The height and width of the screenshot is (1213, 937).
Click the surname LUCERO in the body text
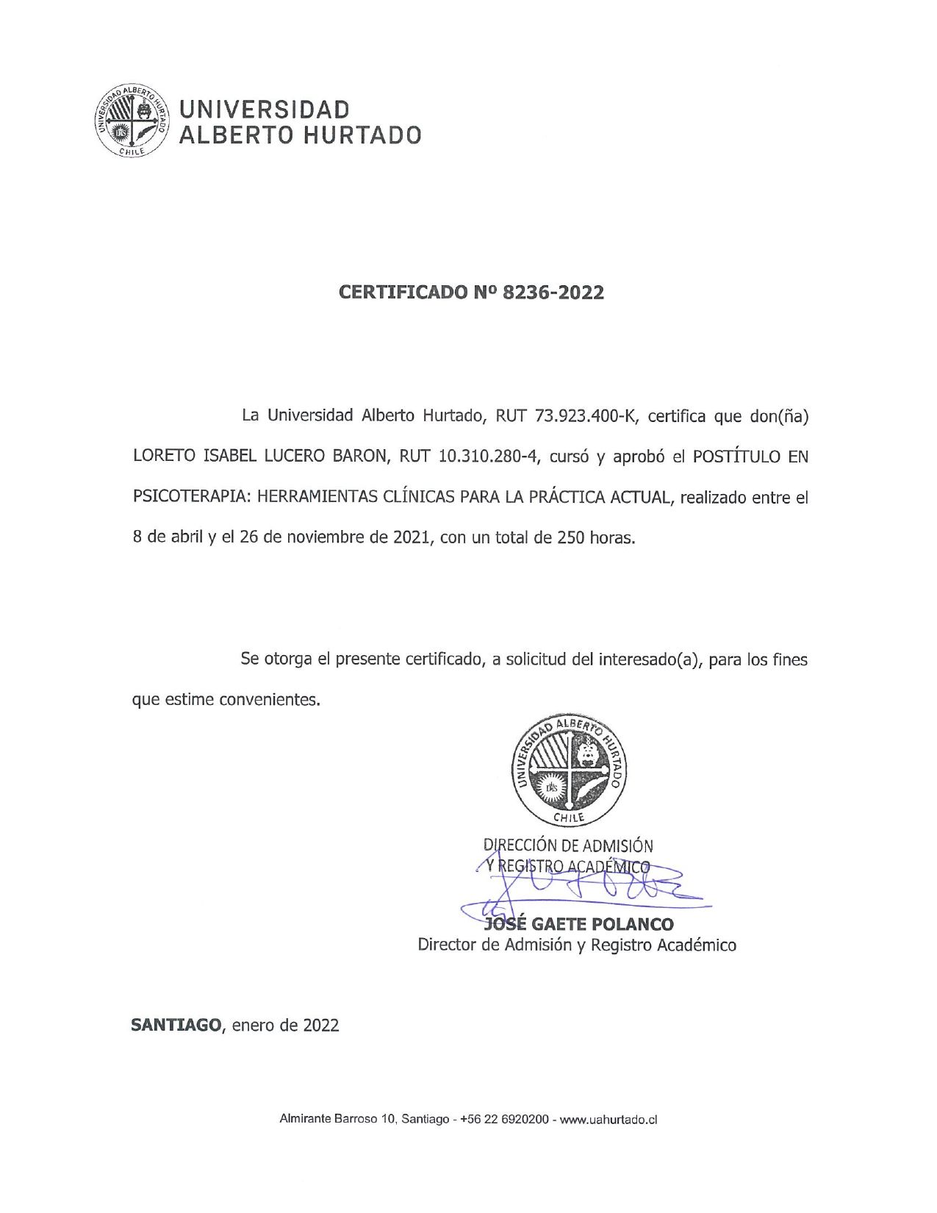click(292, 457)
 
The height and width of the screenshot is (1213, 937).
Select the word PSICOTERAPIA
click(187, 497)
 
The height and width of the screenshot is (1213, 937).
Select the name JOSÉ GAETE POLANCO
click(577, 923)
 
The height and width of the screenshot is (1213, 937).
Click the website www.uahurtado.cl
click(608, 1120)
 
